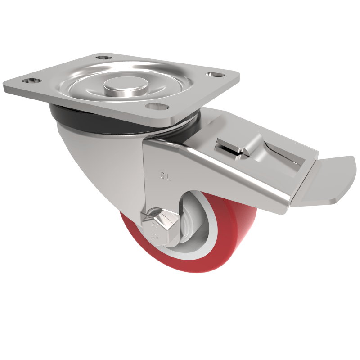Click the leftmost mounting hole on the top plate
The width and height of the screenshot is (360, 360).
point(30,81)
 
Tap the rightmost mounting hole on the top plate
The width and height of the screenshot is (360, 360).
point(212,75)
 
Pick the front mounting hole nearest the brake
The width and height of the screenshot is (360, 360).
point(155,107)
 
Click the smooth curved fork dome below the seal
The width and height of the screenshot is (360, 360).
point(99,157)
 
